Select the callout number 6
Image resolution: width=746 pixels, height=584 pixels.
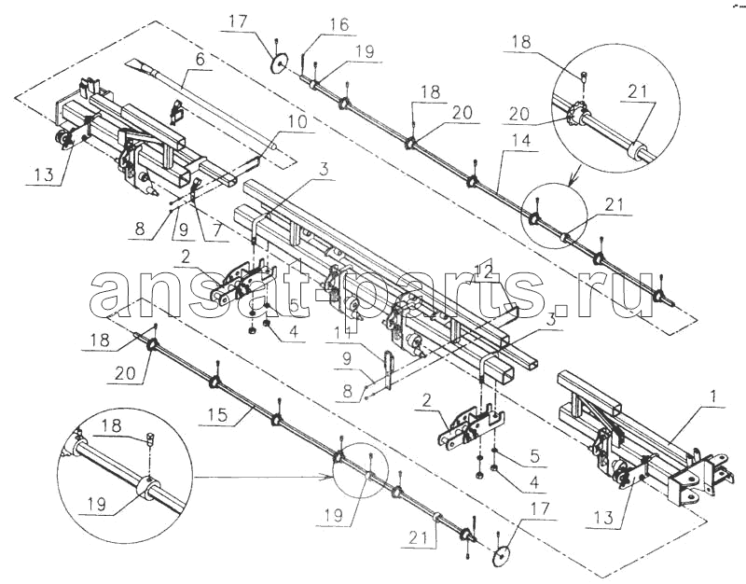click(200, 59)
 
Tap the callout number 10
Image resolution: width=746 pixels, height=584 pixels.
click(298, 121)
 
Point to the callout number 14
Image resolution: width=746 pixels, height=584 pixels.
click(521, 141)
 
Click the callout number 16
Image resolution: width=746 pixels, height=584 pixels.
click(340, 24)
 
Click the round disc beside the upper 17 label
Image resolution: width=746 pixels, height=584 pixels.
click(280, 63)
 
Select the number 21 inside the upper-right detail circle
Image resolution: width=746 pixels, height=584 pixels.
click(638, 90)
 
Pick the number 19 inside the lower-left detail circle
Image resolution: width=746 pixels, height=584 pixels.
click(97, 504)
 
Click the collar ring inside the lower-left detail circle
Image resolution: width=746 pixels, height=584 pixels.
click(146, 483)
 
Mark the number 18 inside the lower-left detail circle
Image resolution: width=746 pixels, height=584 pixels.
click(111, 425)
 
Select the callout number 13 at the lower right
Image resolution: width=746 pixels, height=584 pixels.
click(604, 517)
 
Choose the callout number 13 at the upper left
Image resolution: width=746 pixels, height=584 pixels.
click(44, 174)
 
